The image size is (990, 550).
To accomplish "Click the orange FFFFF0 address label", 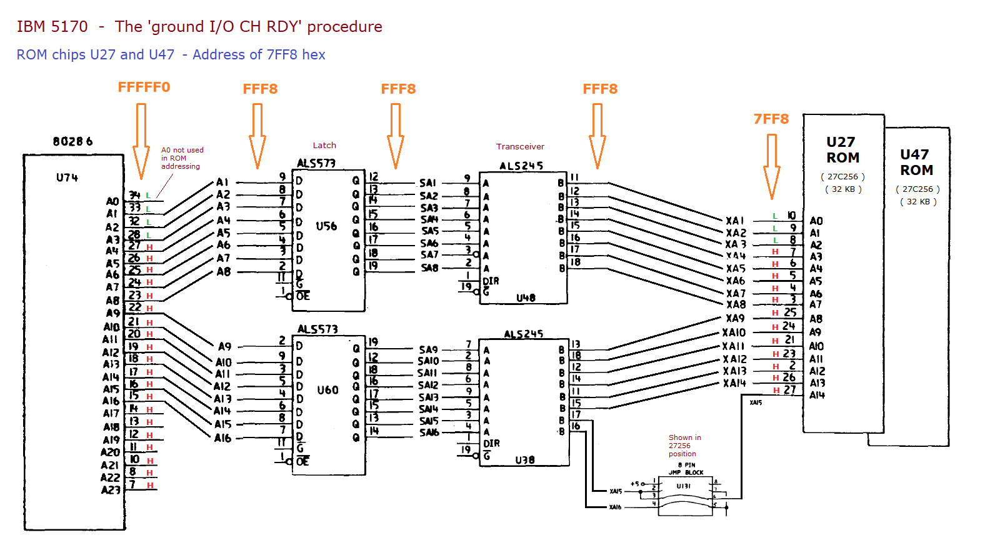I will click(144, 87).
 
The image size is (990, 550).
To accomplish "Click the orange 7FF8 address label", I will click(771, 119).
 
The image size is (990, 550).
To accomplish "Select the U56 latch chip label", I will click(326, 226).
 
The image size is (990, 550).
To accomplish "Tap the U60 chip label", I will click(327, 390).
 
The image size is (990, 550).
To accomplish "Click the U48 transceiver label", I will click(526, 298).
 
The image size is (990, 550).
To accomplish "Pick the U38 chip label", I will click(525, 460).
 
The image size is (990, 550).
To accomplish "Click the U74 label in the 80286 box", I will click(67, 178).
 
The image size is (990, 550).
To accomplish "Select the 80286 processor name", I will click(72, 142).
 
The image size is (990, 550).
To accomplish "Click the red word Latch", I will click(324, 146).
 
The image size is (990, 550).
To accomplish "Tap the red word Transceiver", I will click(520, 147).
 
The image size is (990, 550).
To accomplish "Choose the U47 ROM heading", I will click(916, 162).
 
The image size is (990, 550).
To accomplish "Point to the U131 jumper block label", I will click(683, 486).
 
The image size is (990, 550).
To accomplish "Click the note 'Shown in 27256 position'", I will click(684, 446).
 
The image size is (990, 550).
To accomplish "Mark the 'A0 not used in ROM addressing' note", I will click(182, 158).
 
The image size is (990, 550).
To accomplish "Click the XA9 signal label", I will click(735, 318).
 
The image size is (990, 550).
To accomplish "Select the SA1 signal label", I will click(427, 183).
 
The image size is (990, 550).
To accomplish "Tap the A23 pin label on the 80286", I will click(110, 490).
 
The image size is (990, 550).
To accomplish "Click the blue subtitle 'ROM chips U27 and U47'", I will click(96, 55).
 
